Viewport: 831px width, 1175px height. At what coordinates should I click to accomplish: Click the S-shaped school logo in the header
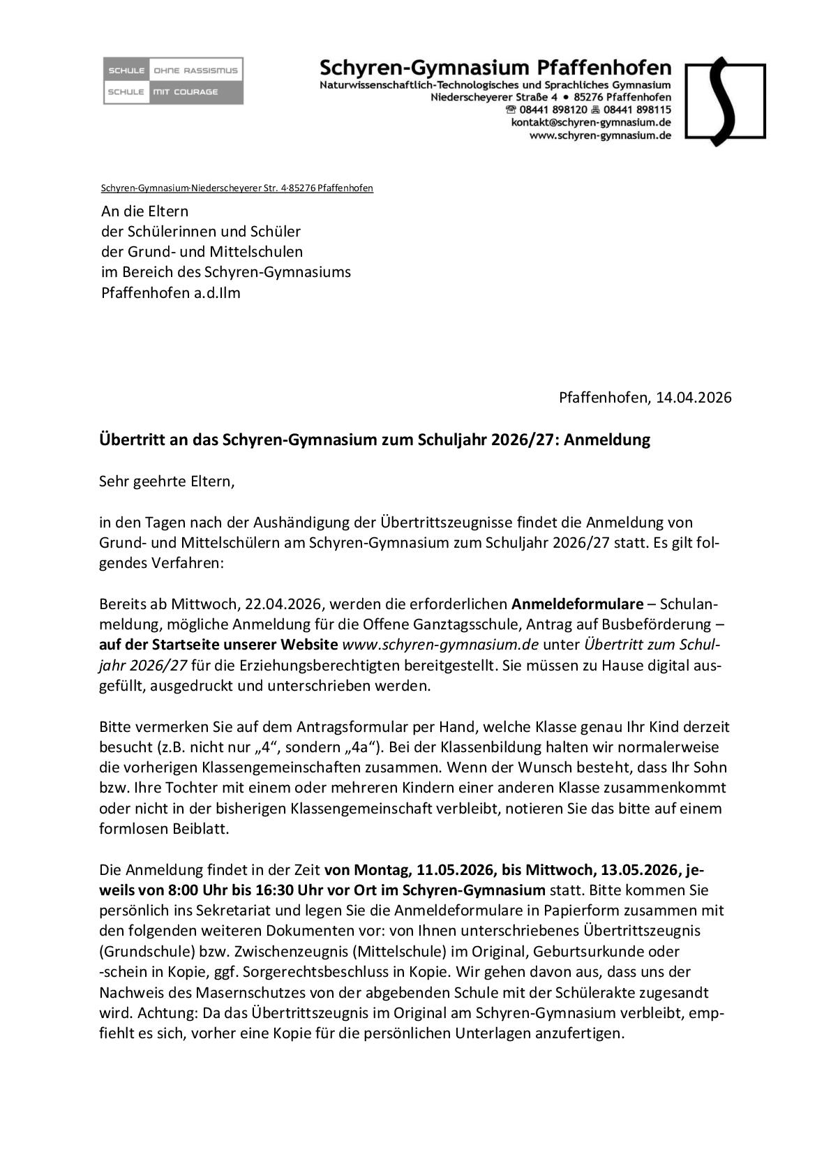[x=725, y=101]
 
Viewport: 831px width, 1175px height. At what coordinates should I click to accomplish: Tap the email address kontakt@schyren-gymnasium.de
[x=591, y=122]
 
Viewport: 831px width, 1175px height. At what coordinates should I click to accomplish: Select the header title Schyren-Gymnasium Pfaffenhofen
[x=495, y=68]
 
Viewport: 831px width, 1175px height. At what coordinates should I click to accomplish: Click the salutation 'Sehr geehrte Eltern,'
[x=167, y=481]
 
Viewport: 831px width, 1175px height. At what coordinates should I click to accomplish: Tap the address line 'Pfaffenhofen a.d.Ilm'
[x=171, y=292]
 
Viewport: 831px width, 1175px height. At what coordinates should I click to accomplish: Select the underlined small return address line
[x=237, y=188]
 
